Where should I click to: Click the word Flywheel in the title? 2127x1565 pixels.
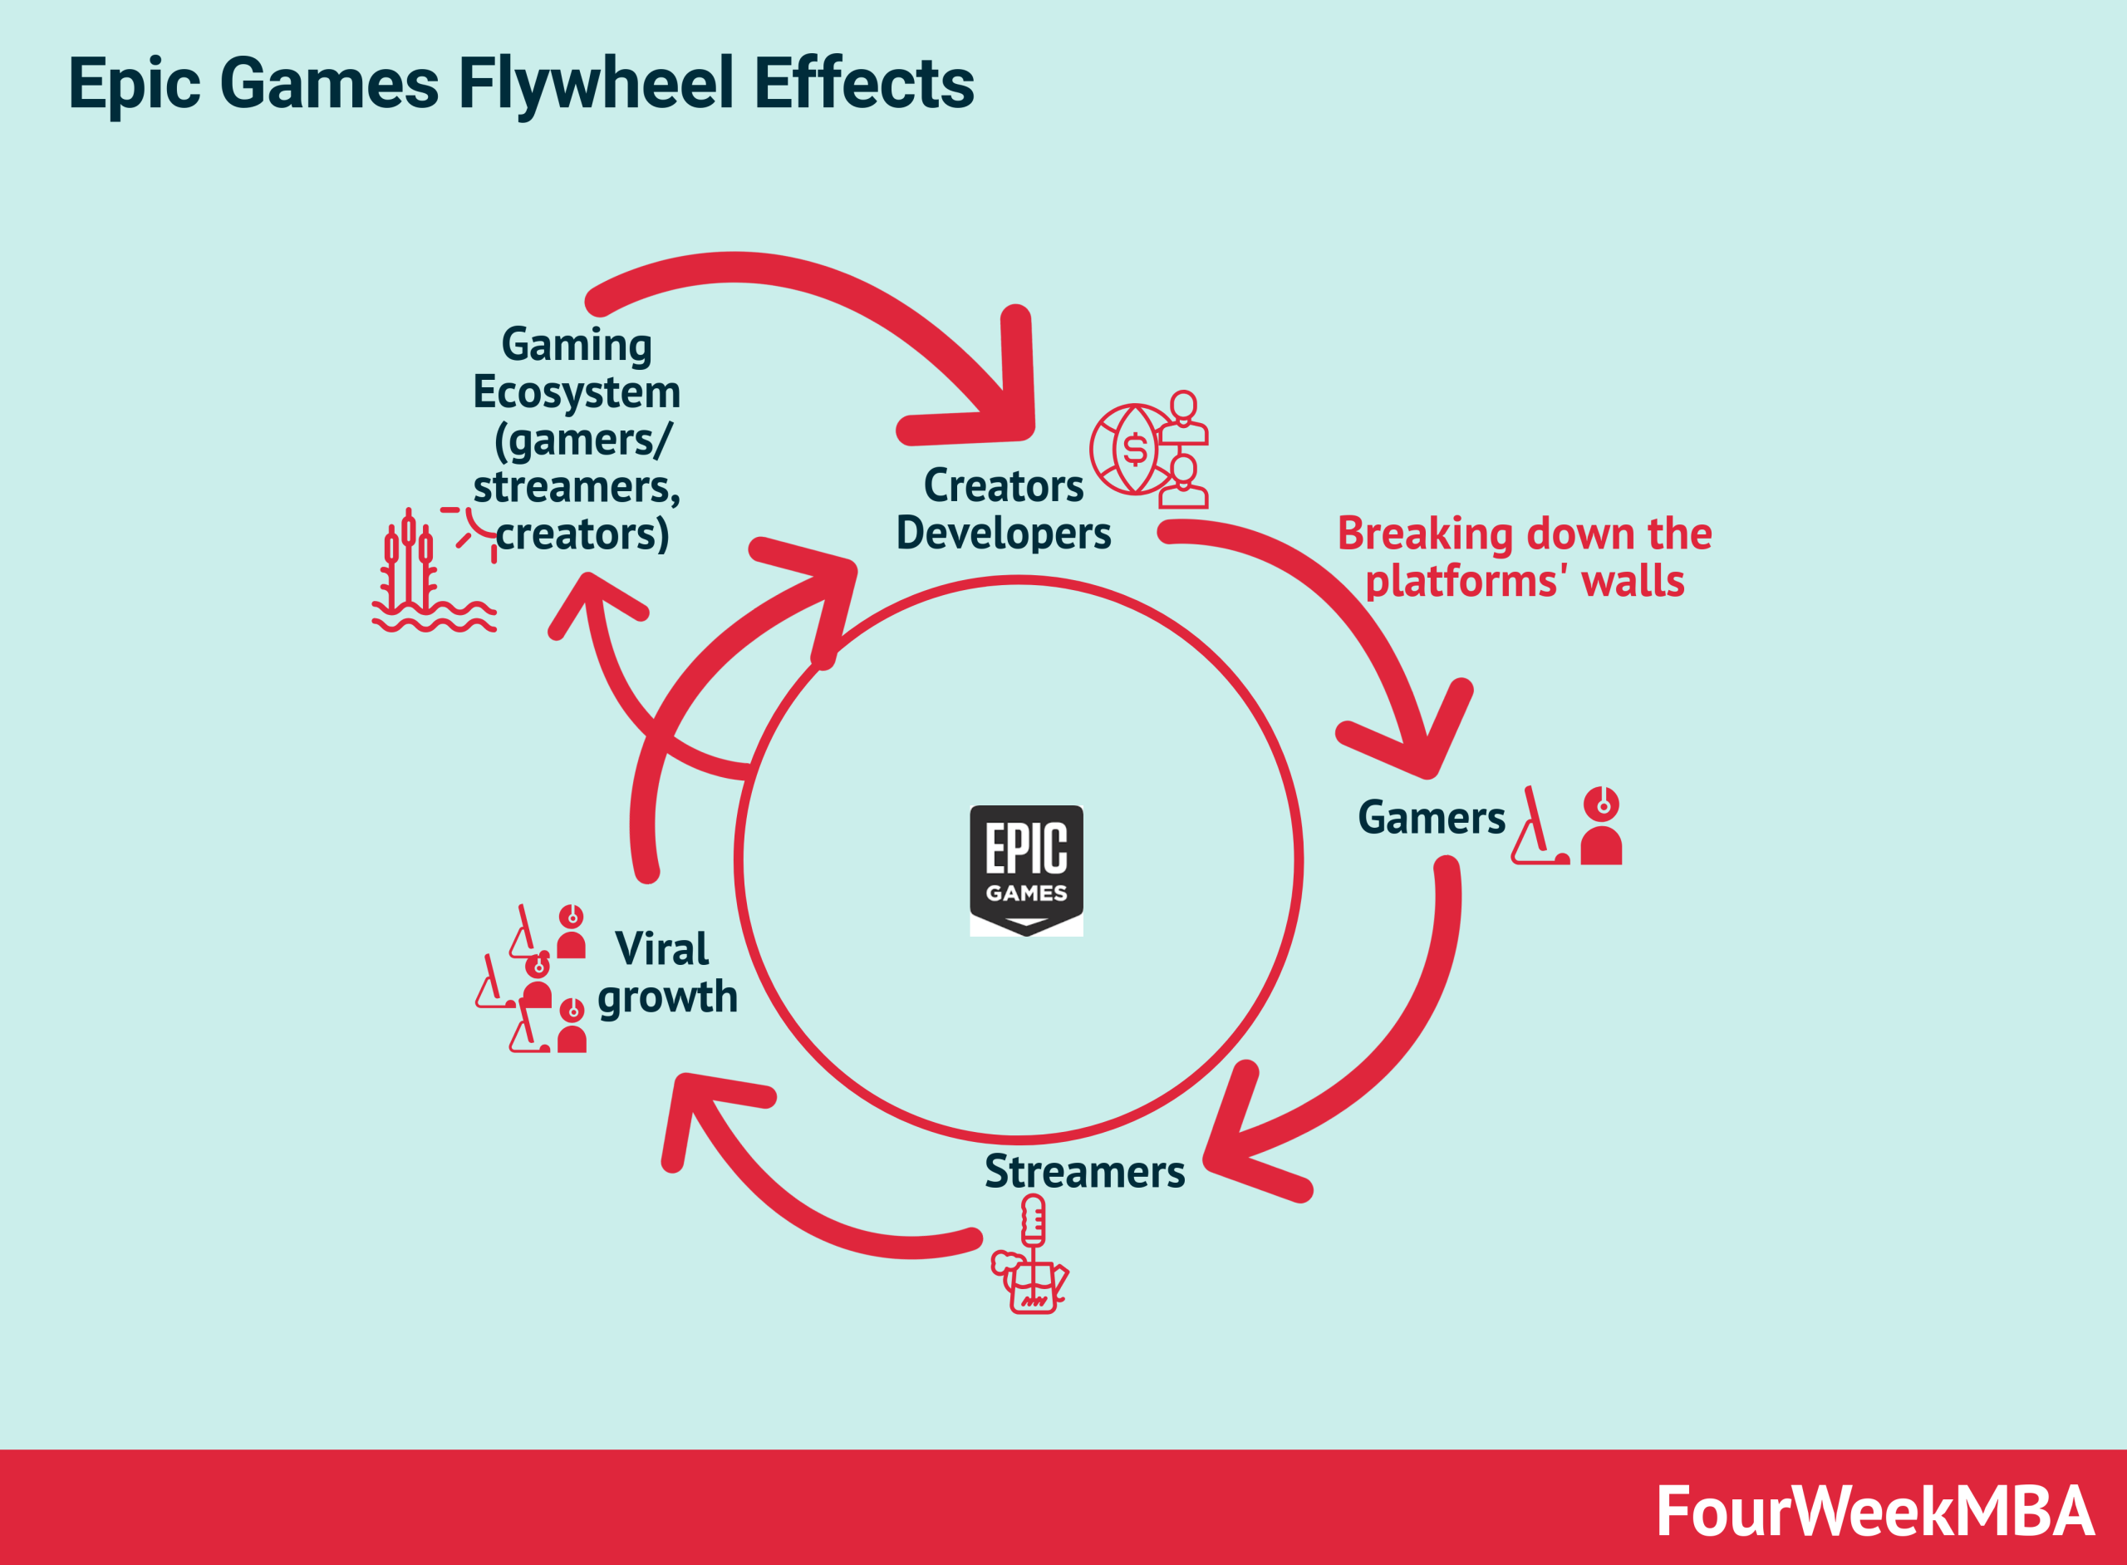click(x=597, y=83)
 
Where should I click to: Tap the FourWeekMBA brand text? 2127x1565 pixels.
click(x=1875, y=1511)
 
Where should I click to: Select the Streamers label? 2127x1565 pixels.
click(x=1084, y=1172)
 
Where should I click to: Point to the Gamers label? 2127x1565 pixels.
click(x=1431, y=818)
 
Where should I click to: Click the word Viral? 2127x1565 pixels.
click(x=661, y=949)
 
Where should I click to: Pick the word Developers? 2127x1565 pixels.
click(x=1003, y=534)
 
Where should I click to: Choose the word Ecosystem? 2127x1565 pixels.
click(x=577, y=392)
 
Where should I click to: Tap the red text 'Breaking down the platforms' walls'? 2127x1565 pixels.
click(x=1524, y=557)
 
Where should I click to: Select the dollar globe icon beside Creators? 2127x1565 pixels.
click(x=1134, y=449)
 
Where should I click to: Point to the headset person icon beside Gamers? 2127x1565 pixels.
click(x=1600, y=826)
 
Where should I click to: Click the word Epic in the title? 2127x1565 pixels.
click(x=134, y=83)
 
